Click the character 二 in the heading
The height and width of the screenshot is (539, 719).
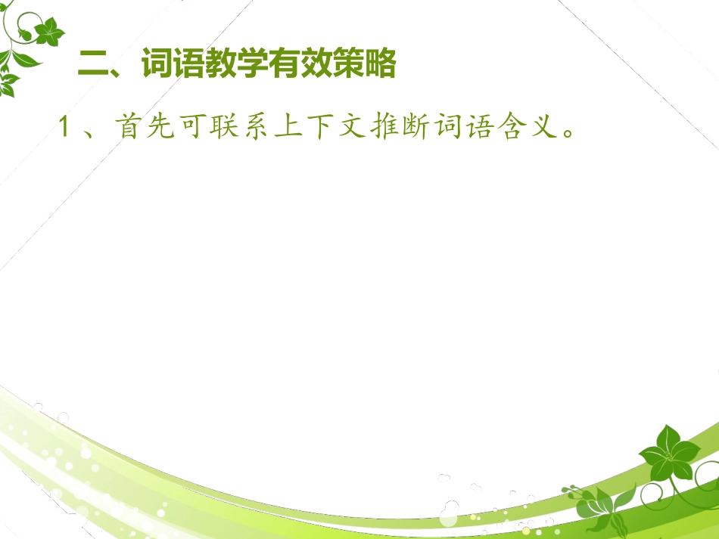pos(95,66)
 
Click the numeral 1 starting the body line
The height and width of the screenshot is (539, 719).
pos(65,127)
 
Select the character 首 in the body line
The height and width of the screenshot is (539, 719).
pos(128,127)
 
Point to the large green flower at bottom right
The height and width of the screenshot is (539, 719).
pos(667,453)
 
